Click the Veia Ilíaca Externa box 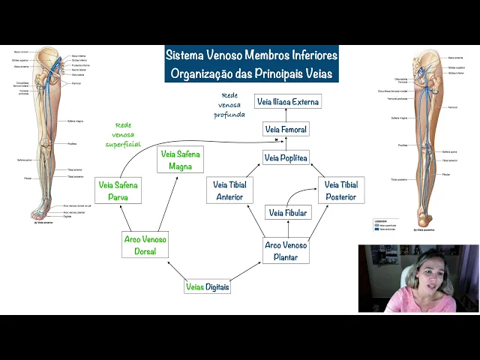(x=287, y=102)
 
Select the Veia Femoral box (x=286, y=130)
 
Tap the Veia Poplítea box (x=286, y=157)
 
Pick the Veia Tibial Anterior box (x=230, y=190)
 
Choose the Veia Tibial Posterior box (x=340, y=190)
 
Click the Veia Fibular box (x=287, y=213)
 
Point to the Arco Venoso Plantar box (x=286, y=250)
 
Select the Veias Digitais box (x=207, y=286)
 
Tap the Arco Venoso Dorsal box (x=145, y=245)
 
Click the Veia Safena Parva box (x=118, y=190)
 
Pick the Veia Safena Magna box (x=181, y=160)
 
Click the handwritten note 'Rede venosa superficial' (x=122, y=134)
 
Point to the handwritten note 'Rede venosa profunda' (x=229, y=105)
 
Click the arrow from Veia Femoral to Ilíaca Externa (x=286, y=116)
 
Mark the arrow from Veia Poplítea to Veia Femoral (x=286, y=144)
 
